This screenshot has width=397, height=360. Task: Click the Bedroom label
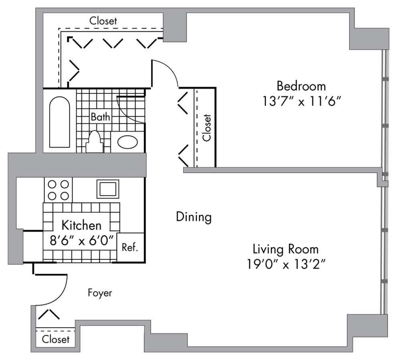tap(301, 86)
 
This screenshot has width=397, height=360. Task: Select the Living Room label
tap(286, 249)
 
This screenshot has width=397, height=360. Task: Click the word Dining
tap(194, 217)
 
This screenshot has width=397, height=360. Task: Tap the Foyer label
tap(100, 293)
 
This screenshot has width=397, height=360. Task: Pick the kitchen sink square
tap(108, 188)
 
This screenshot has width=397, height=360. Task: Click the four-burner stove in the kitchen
tap(58, 190)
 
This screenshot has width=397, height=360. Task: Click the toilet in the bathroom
tap(94, 142)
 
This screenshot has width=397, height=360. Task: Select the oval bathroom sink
tap(128, 142)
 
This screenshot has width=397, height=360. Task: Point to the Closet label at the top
tap(103, 20)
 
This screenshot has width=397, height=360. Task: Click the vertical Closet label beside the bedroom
tap(207, 128)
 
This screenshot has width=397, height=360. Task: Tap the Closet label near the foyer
tap(56, 340)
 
